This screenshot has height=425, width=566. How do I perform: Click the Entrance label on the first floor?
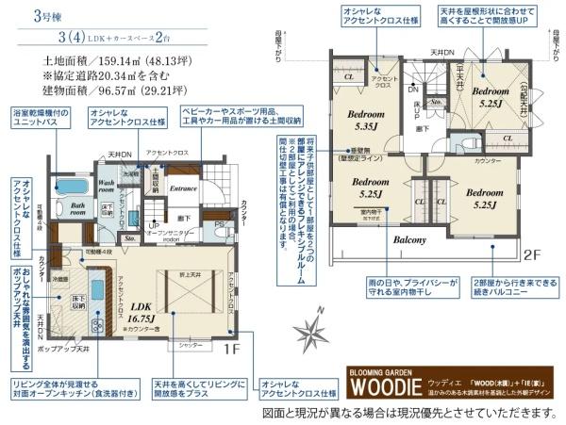(x=182, y=188)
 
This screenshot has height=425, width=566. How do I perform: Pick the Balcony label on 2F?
(x=410, y=239)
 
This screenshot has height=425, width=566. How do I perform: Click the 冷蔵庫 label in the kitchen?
(x=58, y=279)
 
